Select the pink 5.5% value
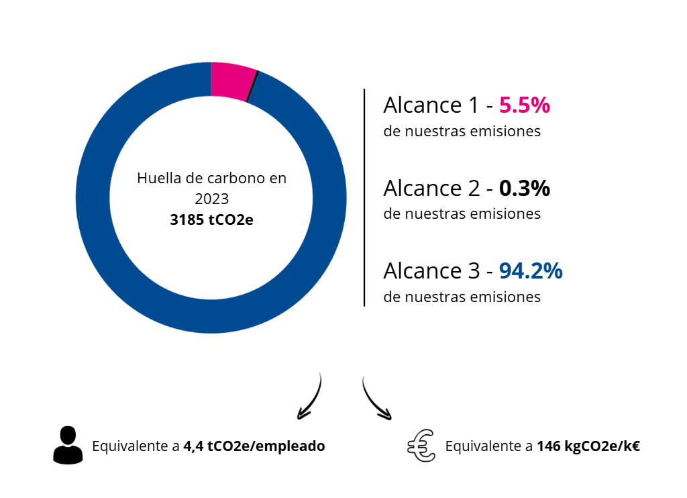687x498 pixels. pos(525,105)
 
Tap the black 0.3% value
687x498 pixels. pos(525,189)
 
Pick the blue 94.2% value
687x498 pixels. pos(531,271)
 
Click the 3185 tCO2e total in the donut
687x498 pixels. pos(211,219)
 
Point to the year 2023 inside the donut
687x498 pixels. pos(211,199)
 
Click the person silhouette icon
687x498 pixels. pos(67,444)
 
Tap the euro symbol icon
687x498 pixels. pos(421,446)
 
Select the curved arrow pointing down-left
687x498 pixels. pos(310,398)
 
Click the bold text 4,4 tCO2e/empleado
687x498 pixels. pos(254,446)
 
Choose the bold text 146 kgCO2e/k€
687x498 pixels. pos(588,446)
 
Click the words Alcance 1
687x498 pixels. pos(430,105)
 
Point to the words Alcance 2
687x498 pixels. pos(430,189)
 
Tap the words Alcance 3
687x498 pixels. pos(430,271)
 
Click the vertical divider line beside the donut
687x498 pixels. pos(364,197)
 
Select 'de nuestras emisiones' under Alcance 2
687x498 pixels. pos(462,214)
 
